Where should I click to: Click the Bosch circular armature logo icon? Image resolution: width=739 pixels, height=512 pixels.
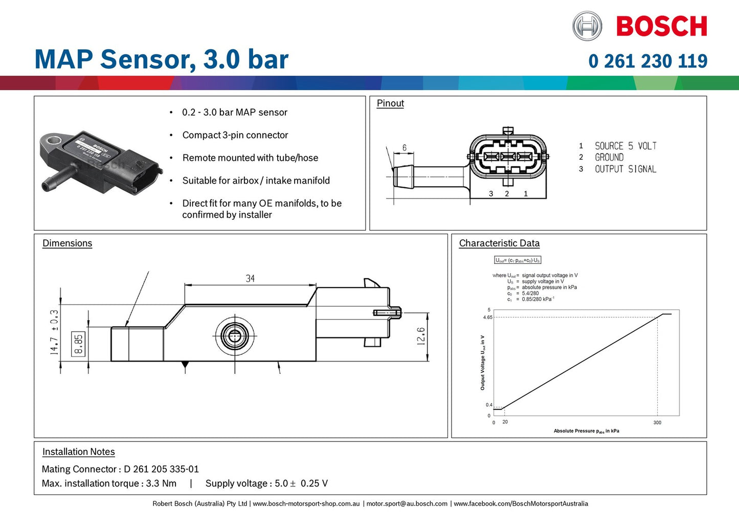[x=587, y=26]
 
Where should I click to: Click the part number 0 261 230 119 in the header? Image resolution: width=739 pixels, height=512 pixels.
[x=647, y=61]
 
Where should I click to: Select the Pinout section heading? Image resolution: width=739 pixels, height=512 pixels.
[x=390, y=103]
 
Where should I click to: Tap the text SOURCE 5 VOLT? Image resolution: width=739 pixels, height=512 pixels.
[x=625, y=146]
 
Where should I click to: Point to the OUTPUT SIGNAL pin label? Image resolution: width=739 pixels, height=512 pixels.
[x=625, y=169]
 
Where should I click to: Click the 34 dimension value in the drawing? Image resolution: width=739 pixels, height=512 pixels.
[x=250, y=278]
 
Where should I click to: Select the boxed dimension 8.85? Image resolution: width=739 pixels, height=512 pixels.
[x=78, y=344]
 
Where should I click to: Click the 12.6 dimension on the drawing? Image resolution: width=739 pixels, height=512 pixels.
[x=421, y=336]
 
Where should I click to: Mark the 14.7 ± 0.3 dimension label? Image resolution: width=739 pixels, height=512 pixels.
[x=54, y=332]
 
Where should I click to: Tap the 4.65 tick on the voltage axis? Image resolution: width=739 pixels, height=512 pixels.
[x=487, y=317]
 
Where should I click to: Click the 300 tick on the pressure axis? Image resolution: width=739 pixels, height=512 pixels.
[x=657, y=422]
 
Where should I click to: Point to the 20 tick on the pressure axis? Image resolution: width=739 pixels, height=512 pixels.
[x=505, y=422]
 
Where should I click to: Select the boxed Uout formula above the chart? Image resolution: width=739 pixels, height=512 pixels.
[x=518, y=260]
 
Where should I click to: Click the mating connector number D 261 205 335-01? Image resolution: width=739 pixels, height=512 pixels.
[x=161, y=469]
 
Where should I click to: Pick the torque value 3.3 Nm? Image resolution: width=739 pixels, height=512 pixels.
[x=161, y=483]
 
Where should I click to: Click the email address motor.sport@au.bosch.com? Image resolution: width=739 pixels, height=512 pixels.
[x=407, y=504]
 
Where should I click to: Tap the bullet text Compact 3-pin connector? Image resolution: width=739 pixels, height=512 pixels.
[x=235, y=135]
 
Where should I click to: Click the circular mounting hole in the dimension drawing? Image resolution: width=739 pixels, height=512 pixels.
[x=234, y=336]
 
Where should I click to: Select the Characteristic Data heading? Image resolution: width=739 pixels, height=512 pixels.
[x=499, y=243]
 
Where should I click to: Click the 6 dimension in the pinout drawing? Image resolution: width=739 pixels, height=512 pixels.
[x=404, y=148]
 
